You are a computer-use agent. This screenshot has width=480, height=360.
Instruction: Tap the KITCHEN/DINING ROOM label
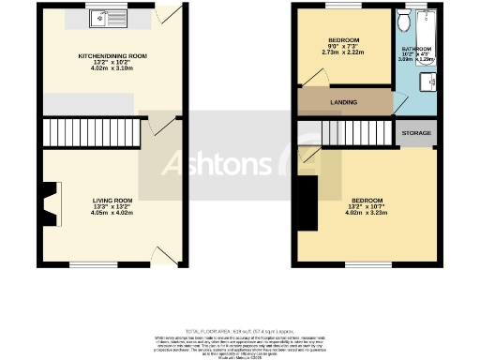tap(112, 55)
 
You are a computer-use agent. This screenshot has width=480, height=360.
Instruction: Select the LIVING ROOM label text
tap(112, 200)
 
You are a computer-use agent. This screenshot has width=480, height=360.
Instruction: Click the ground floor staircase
tap(92, 131)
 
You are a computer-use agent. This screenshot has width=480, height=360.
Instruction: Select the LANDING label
tap(344, 100)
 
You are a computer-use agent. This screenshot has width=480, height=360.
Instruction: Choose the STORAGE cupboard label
tap(416, 134)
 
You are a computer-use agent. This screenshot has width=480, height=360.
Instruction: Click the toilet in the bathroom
tap(404, 20)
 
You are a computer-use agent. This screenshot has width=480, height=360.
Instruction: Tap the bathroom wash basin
tap(433, 82)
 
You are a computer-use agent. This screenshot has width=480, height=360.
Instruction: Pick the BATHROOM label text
tap(417, 49)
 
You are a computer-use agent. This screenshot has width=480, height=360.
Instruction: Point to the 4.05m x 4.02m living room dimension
tap(112, 213)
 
